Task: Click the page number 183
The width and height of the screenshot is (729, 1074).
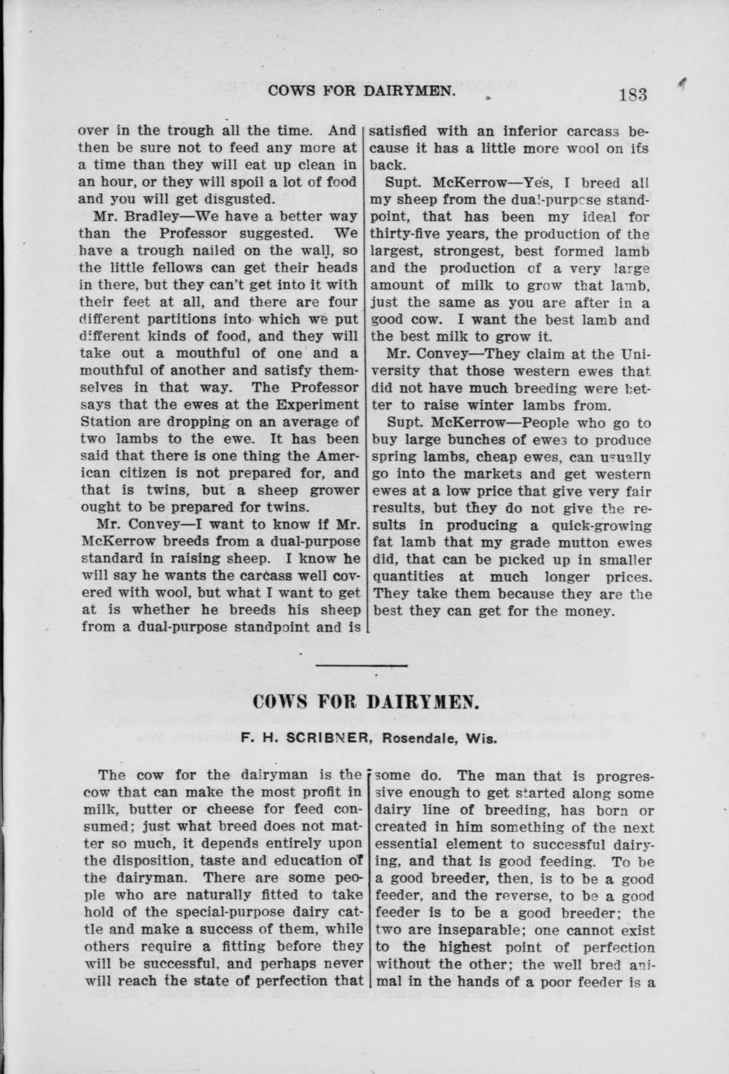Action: (x=633, y=94)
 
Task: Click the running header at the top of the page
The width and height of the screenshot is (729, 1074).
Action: (x=362, y=91)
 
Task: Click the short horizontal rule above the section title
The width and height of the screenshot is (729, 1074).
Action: (x=363, y=665)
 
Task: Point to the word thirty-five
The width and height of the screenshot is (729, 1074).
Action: (x=412, y=233)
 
